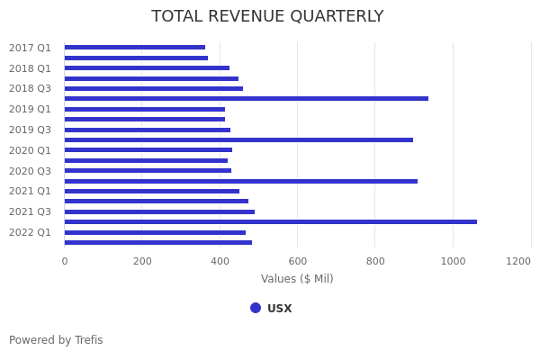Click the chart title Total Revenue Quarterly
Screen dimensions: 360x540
click(267, 17)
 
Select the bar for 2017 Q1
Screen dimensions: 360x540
click(135, 48)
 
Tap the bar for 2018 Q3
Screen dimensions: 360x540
click(153, 88)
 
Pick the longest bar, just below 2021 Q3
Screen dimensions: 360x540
click(270, 221)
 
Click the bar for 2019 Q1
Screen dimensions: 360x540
click(144, 109)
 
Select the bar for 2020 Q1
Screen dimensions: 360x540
click(148, 150)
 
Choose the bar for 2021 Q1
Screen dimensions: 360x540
click(151, 191)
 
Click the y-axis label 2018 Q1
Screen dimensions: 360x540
click(30, 68)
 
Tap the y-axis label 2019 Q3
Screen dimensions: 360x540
click(30, 130)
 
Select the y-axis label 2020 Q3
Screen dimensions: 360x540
click(30, 171)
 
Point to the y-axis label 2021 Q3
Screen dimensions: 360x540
click(30, 211)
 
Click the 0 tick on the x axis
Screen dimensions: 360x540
click(64, 261)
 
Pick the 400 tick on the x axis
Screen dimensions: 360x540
click(220, 261)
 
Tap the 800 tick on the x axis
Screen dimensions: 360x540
click(375, 261)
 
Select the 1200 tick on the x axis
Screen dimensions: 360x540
click(518, 261)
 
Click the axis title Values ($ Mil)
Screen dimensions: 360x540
click(297, 279)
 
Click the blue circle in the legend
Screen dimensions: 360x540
click(256, 308)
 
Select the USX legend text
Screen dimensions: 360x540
click(279, 309)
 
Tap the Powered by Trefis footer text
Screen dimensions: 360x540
click(56, 340)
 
